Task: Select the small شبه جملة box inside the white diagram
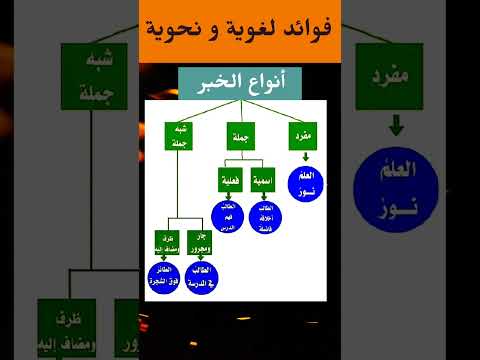click(x=178, y=137)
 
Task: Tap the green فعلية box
click(x=229, y=181)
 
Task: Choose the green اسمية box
click(x=263, y=181)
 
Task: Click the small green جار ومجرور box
click(x=201, y=241)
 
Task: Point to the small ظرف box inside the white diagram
click(x=167, y=241)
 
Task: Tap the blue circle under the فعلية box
click(x=227, y=218)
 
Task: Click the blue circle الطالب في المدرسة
click(x=202, y=278)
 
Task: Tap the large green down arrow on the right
click(x=396, y=127)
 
